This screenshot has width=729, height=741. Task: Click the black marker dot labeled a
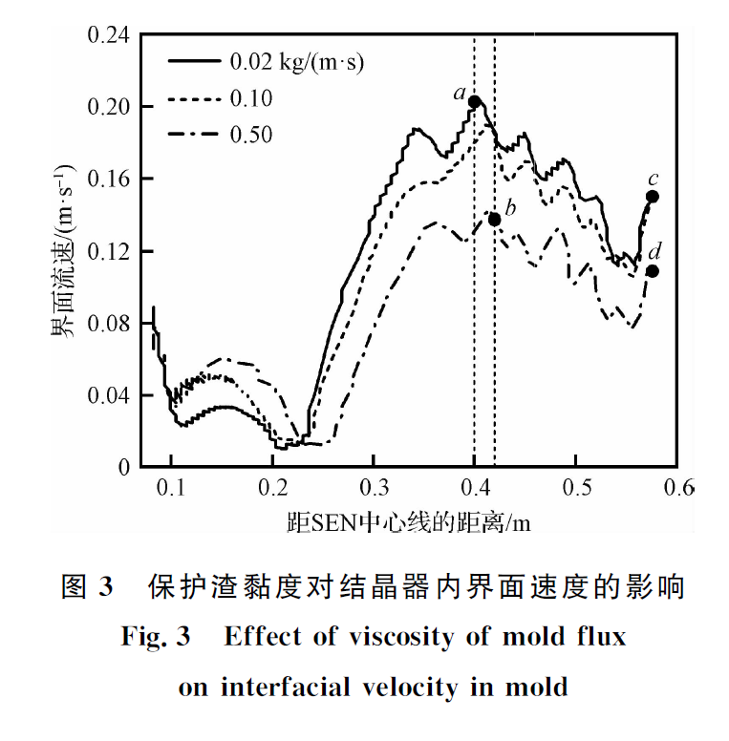(474, 100)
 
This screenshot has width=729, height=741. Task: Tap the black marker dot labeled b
(494, 220)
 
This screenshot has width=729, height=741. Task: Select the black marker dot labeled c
(653, 197)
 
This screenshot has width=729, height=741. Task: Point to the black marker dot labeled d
(653, 271)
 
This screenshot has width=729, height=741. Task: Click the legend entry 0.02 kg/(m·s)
(296, 63)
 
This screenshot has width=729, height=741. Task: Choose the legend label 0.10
(251, 99)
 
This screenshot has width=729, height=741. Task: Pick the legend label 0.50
(251, 136)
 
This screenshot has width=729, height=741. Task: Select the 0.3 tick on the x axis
(374, 487)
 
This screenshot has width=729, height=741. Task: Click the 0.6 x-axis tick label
(677, 487)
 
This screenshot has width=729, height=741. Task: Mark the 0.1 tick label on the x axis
(171, 487)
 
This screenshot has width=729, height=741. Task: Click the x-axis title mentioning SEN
(408, 523)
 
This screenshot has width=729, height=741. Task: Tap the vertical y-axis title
(63, 250)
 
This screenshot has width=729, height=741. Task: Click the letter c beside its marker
(653, 178)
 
